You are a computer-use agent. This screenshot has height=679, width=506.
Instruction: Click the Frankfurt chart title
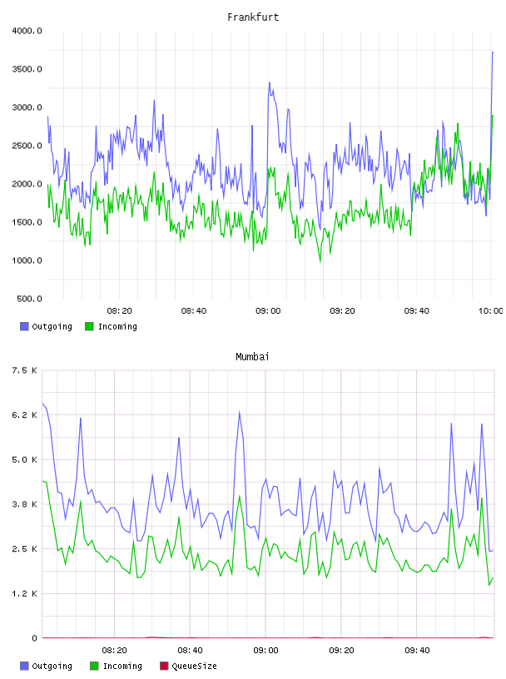[x=253, y=17]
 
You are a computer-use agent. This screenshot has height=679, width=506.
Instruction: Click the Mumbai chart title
[x=252, y=357]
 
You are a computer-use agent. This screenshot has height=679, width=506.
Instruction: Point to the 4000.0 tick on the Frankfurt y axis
[x=27, y=31]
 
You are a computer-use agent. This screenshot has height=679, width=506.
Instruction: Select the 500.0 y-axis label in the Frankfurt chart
[x=29, y=299]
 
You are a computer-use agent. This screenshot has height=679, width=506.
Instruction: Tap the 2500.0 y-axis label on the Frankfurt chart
[x=27, y=146]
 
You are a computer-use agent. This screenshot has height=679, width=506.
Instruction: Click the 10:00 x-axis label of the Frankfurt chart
[x=490, y=311]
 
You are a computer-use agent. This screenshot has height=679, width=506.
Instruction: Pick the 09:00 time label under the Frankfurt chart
[x=268, y=311]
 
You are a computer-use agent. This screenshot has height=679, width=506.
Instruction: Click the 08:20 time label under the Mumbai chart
[x=114, y=651]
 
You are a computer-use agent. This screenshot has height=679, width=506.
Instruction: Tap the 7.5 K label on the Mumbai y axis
[x=24, y=370]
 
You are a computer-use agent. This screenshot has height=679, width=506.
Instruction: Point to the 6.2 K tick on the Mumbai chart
[x=24, y=415]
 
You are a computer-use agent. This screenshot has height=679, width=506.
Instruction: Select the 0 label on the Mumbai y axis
[x=34, y=638]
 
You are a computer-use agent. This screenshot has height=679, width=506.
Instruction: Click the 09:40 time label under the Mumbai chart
[x=417, y=651]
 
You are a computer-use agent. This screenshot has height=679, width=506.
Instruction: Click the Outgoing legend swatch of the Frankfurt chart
[x=24, y=326]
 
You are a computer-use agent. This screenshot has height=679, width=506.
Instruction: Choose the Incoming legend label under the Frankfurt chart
[x=117, y=327]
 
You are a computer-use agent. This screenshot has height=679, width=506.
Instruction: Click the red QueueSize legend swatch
[x=164, y=666]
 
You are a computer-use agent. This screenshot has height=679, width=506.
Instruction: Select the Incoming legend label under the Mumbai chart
[x=122, y=667]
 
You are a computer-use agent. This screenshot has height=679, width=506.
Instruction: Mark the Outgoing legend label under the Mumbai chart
[x=52, y=667]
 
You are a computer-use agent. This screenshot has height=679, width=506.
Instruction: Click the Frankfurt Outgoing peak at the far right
[x=492, y=52]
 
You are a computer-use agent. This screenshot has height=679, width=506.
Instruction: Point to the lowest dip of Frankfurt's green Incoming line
[x=320, y=261]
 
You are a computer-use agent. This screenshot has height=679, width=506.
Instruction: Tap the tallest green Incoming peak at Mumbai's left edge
[x=43, y=481]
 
